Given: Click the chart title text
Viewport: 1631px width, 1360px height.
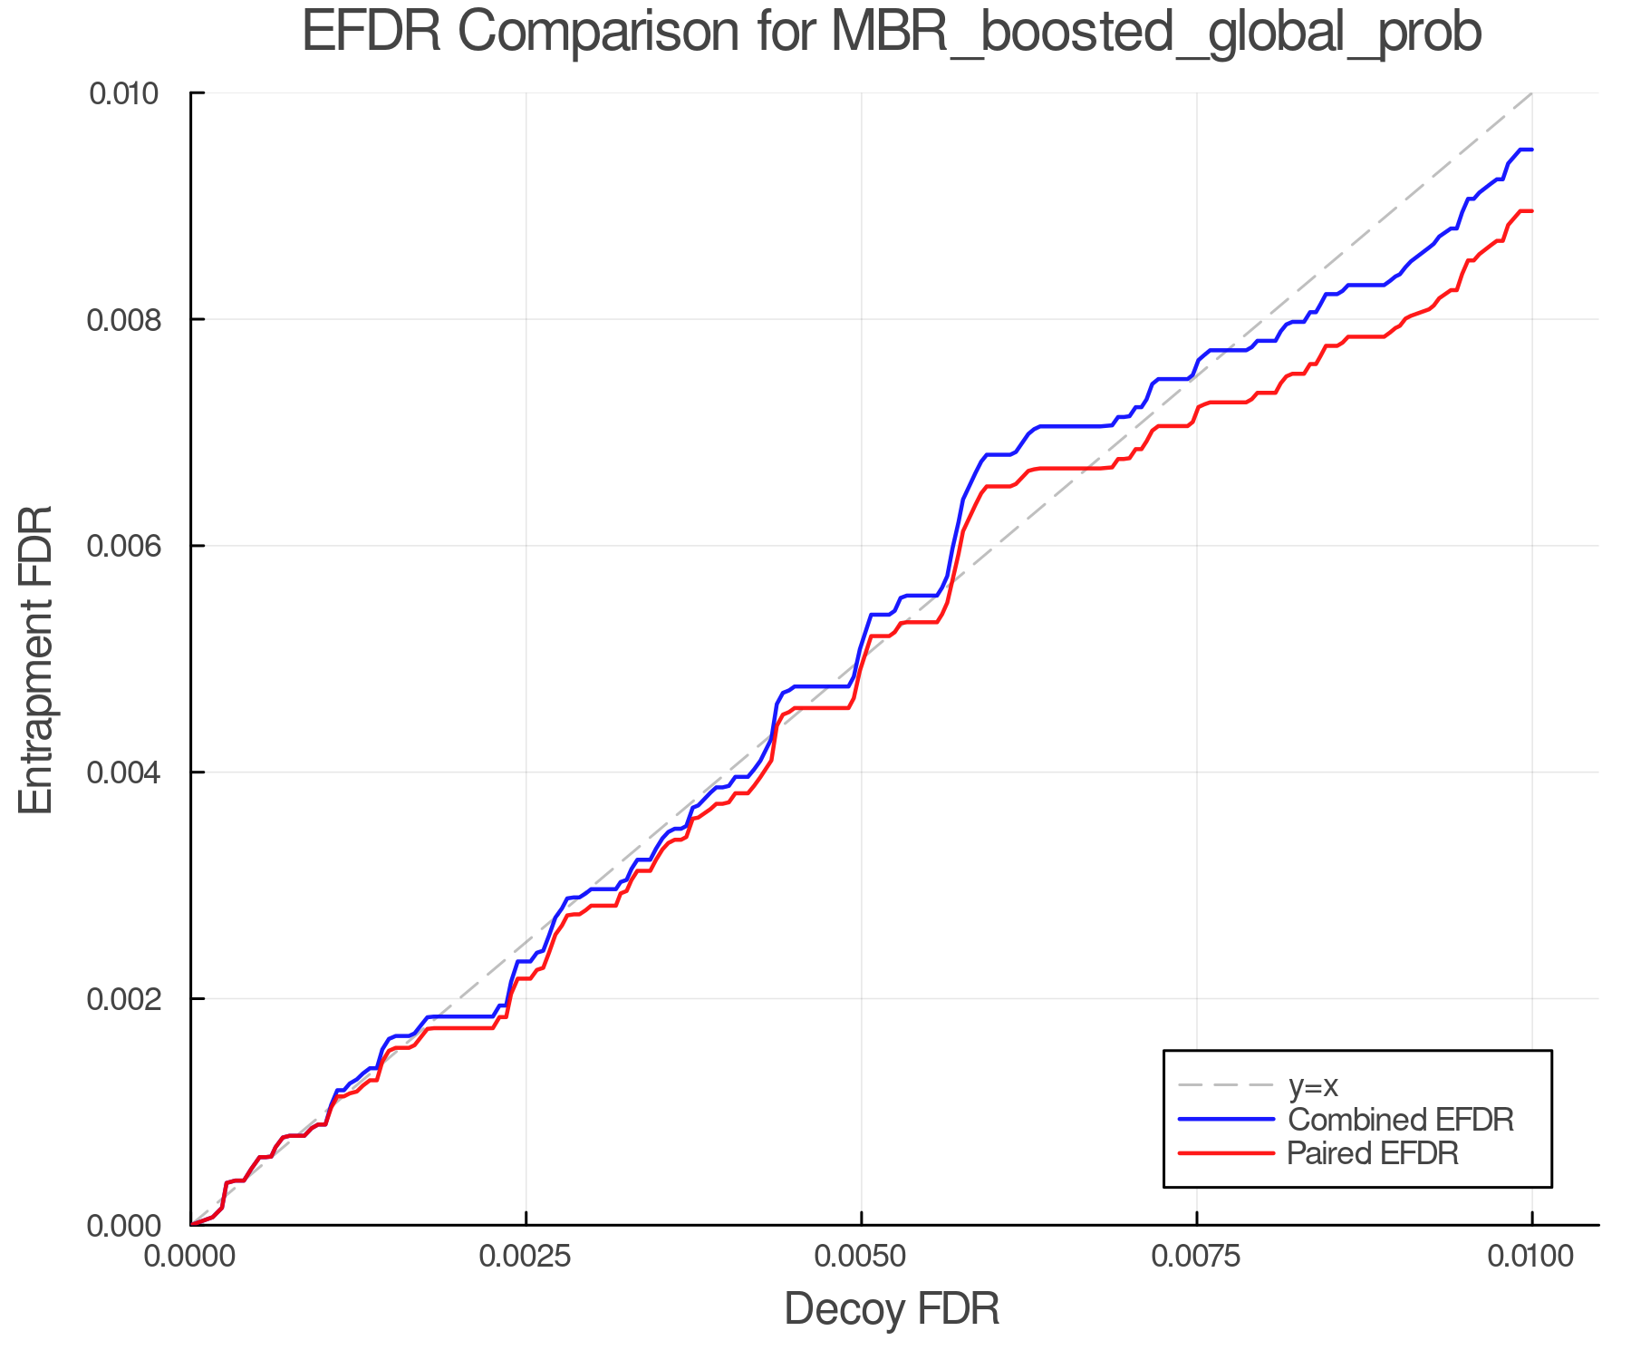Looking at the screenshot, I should pyautogui.click(x=892, y=33).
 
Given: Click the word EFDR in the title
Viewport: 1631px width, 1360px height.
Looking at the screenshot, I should pyautogui.click(x=372, y=33).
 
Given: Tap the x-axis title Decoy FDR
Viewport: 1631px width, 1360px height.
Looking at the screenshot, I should pyautogui.click(x=892, y=1309).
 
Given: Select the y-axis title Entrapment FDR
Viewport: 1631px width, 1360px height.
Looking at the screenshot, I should pyautogui.click(x=36, y=659).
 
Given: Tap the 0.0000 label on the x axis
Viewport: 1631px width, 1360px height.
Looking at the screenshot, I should pyautogui.click(x=191, y=1257).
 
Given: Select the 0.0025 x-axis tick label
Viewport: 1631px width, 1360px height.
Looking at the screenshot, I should pyautogui.click(x=526, y=1257).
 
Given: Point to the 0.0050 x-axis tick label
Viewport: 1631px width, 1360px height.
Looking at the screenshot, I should pyautogui.click(x=861, y=1257).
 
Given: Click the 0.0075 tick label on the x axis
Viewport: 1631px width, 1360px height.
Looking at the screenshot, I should pyautogui.click(x=1196, y=1257).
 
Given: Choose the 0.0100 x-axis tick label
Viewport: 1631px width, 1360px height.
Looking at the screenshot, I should pyautogui.click(x=1531, y=1257).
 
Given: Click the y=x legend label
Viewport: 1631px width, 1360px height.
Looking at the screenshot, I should pyautogui.click(x=1313, y=1085).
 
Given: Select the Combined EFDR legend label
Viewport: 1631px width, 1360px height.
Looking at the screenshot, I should pyautogui.click(x=1400, y=1120).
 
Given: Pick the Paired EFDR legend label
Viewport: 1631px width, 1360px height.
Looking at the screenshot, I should pyautogui.click(x=1373, y=1153).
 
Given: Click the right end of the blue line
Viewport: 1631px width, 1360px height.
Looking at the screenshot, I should pyautogui.click(x=1531, y=150).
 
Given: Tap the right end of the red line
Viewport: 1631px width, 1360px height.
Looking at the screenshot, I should pyautogui.click(x=1531, y=211).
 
